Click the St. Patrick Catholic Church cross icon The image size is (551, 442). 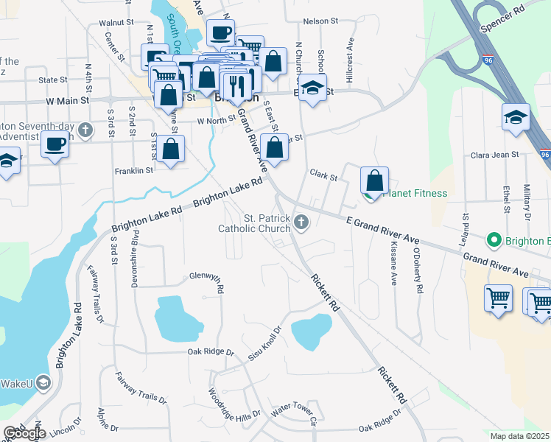[x=301, y=222]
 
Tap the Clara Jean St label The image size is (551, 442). [x=494, y=155]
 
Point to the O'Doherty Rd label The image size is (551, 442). [x=417, y=271]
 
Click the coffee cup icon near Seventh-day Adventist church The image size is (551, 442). [x=55, y=144]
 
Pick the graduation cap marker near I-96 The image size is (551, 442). [x=516, y=116]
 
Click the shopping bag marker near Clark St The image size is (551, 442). [x=374, y=180]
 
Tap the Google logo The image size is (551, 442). [x=24, y=432]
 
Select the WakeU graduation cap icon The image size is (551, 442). [x=43, y=382]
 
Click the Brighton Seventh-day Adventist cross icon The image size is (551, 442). [x=85, y=130]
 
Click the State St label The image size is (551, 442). [x=53, y=80]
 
